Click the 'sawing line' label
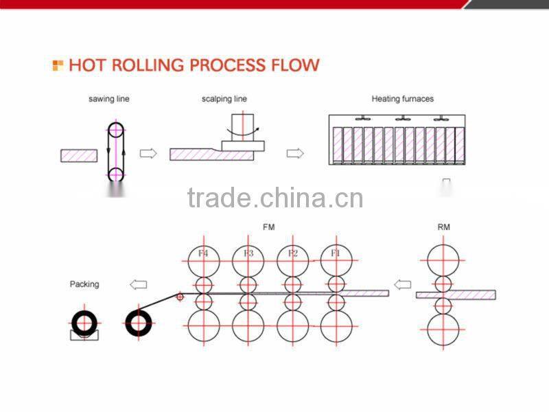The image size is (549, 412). [x=108, y=99]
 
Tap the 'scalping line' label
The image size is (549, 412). [x=224, y=99]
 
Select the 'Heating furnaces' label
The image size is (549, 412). [x=403, y=99]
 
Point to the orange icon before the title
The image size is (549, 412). [x=58, y=65]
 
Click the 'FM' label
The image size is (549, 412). [x=268, y=227]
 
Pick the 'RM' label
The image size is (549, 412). [x=444, y=227]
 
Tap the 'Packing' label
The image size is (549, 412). [x=84, y=284]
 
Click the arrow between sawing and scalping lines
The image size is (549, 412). [x=148, y=154]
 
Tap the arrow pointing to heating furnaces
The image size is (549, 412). [x=294, y=154]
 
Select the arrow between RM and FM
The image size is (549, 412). [x=403, y=284]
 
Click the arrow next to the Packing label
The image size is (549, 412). [x=139, y=284]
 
